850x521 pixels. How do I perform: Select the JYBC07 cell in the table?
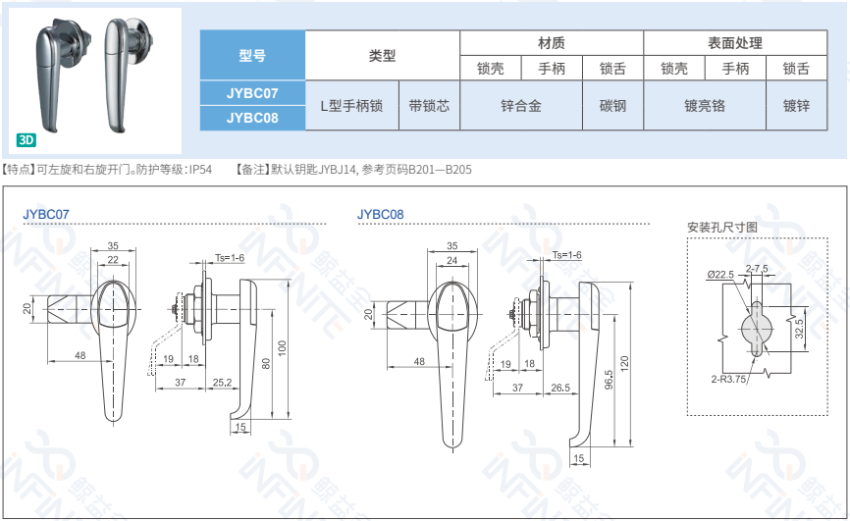252,93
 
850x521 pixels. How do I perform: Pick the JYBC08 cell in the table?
252,118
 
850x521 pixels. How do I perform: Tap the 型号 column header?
252,55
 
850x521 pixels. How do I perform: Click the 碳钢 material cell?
611,106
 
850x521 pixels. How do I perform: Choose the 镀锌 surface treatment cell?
796,106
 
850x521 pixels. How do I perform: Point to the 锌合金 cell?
520,106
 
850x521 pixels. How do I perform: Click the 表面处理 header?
734,43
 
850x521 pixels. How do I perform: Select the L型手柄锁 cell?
350,106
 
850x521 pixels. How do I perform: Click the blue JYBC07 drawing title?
46,214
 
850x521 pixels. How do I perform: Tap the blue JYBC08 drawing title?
381,214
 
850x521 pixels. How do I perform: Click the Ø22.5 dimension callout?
719,275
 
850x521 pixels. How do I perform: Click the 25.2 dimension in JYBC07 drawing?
222,382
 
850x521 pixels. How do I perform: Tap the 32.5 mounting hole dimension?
799,326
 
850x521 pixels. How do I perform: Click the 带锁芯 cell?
429,106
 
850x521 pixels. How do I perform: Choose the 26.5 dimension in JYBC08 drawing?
560,389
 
